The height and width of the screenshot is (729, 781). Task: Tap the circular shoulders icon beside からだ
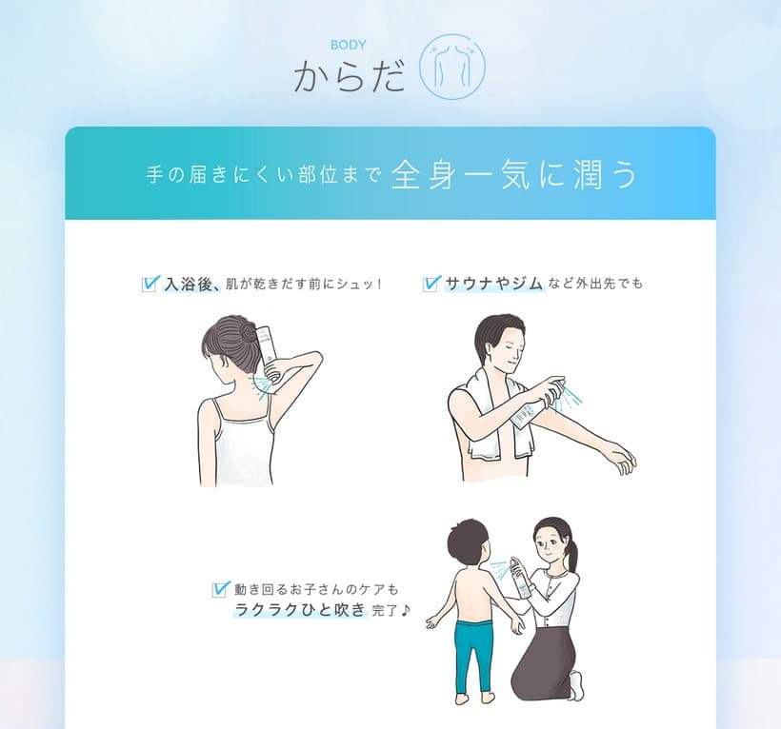click(x=452, y=69)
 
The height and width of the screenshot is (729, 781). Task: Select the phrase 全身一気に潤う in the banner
click(x=513, y=175)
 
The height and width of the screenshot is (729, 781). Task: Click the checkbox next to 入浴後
click(x=150, y=283)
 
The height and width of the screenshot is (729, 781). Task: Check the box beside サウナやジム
click(x=431, y=283)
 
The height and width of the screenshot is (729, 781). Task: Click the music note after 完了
click(x=406, y=610)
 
